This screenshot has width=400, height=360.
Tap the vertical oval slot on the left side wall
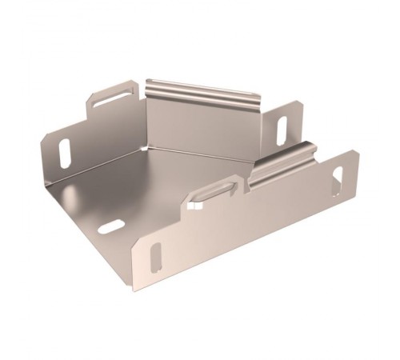(x=65, y=153)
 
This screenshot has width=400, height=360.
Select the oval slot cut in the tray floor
(x=111, y=226)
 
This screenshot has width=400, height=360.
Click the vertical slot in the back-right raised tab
(x=282, y=130)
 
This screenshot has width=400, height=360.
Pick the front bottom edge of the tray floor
(x=88, y=240)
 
